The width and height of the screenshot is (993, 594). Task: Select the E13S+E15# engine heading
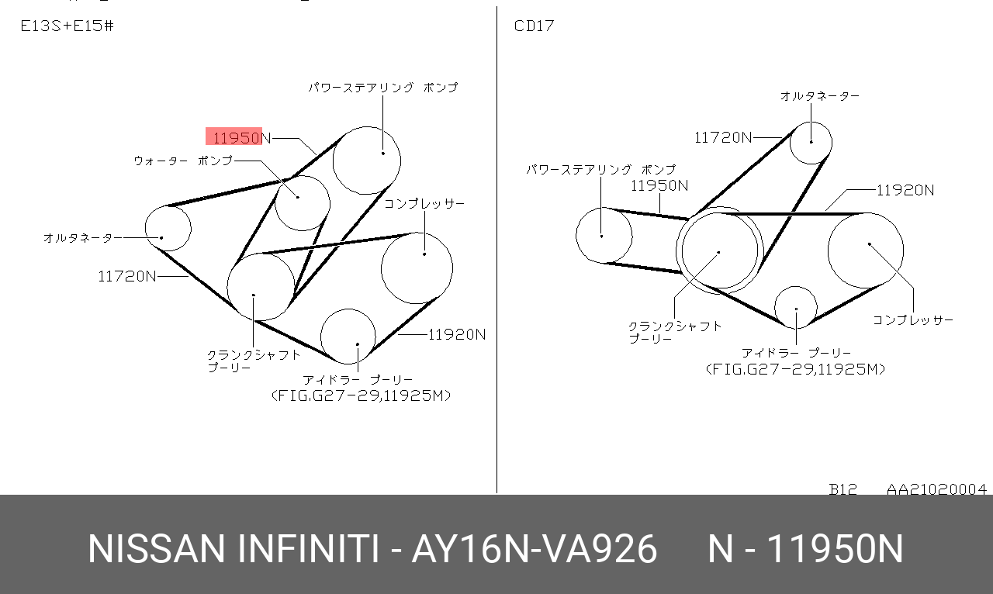(x=67, y=26)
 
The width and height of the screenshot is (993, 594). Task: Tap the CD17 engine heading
(x=534, y=26)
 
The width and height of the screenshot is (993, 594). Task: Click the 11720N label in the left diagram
(x=127, y=277)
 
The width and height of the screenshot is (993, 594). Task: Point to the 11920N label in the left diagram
(x=457, y=334)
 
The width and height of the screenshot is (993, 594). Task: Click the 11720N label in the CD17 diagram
(x=723, y=138)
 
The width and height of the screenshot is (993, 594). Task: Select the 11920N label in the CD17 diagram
(x=905, y=190)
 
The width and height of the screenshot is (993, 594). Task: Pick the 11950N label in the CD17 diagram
(x=659, y=186)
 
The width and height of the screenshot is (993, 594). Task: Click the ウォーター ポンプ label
(x=184, y=161)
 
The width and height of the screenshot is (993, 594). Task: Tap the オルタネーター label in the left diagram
(x=83, y=238)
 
